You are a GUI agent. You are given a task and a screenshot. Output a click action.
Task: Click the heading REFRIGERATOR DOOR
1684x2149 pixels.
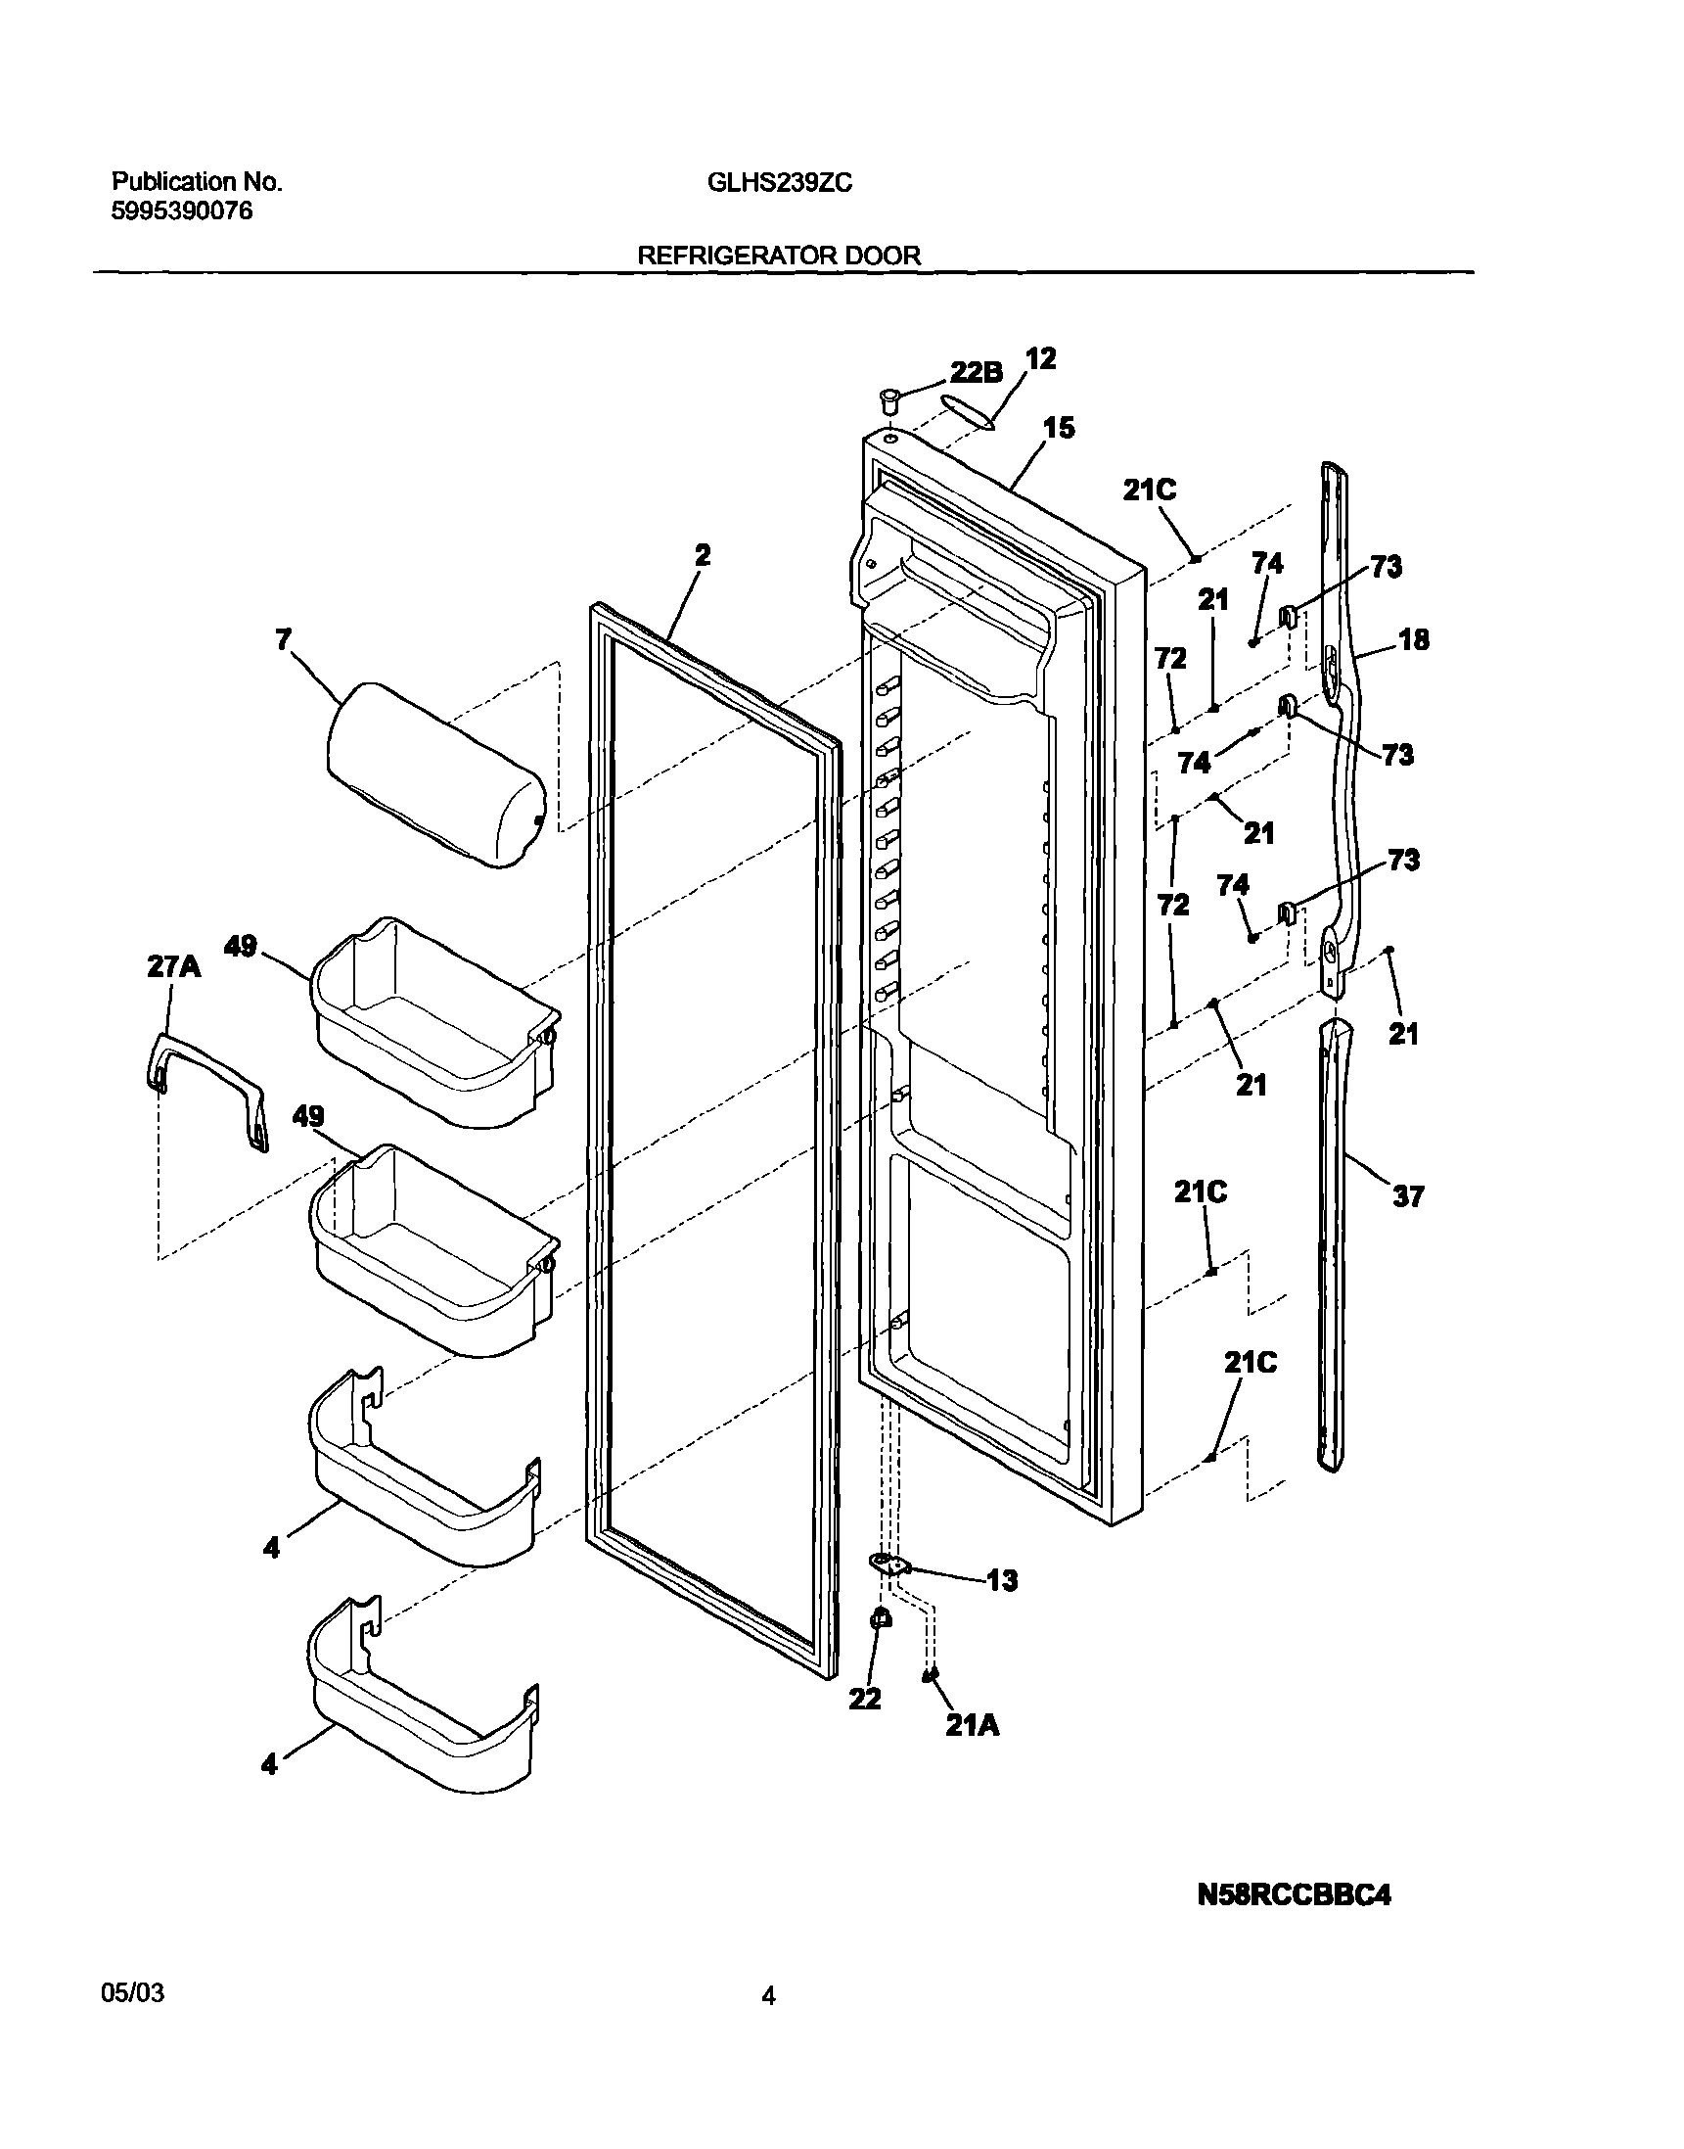[779, 256]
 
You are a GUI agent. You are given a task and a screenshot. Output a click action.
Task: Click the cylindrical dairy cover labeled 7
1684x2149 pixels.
[435, 773]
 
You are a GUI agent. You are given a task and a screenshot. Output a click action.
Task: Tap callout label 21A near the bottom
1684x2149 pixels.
[973, 1725]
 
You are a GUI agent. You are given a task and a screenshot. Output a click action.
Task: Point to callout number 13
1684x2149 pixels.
[1002, 1581]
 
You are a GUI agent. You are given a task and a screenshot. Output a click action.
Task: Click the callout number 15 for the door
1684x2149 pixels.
[1059, 428]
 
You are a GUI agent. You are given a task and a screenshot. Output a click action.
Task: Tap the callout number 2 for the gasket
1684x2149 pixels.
[701, 555]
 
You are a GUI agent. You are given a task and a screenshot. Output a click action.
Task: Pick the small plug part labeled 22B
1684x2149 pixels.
[890, 400]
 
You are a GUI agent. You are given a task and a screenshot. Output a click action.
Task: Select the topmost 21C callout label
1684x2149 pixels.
[1150, 491]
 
